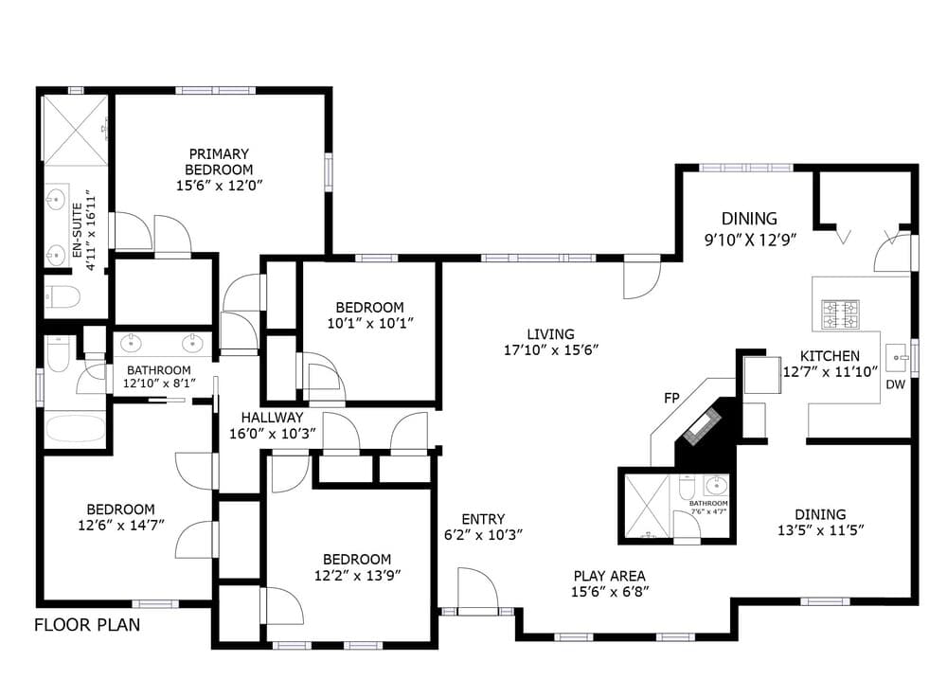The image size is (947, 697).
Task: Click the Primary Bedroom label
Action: [x=219, y=162]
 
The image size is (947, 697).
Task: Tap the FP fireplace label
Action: [x=671, y=398]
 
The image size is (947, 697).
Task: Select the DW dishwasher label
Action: [x=895, y=384]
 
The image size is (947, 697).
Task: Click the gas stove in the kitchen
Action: [x=840, y=314]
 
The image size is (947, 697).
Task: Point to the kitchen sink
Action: [x=898, y=358]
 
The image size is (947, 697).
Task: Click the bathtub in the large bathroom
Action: [x=76, y=428]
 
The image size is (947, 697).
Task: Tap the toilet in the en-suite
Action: [x=63, y=296]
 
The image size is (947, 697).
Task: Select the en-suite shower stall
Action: [x=75, y=129]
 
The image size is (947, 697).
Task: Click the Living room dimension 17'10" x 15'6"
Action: [x=551, y=349]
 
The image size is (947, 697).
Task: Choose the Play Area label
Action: [x=609, y=576]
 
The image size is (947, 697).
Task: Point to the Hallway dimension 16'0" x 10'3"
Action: [x=273, y=433]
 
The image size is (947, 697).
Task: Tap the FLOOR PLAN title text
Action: [x=87, y=624]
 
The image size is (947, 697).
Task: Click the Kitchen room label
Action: [x=830, y=356]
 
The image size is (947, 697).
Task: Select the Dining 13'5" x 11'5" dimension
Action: [x=821, y=530]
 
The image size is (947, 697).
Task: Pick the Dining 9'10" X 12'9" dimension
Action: [x=750, y=240]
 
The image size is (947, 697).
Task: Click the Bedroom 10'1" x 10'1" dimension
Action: [x=370, y=323]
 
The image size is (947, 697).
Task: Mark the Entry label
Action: [x=483, y=519]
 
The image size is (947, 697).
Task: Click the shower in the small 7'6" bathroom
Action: [x=647, y=506]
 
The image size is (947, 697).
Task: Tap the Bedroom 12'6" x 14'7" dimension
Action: [x=121, y=526]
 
